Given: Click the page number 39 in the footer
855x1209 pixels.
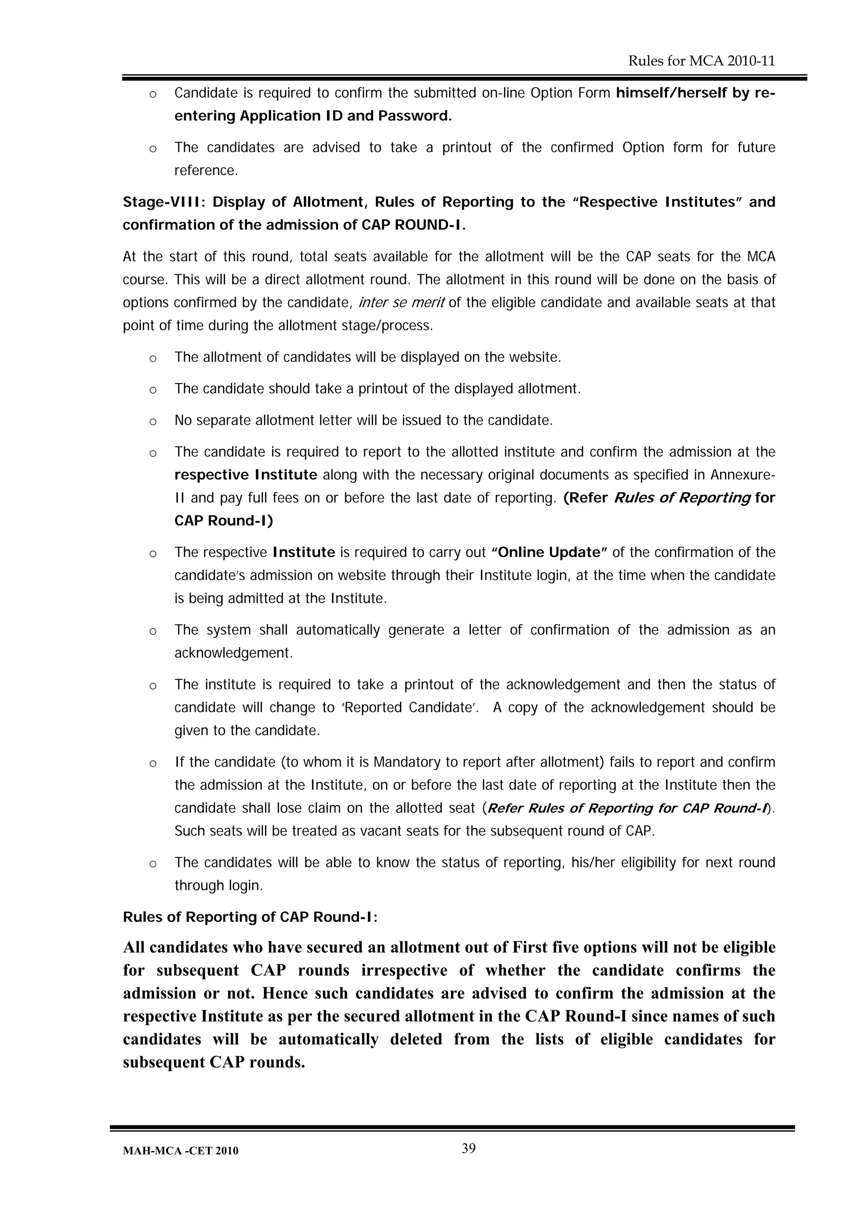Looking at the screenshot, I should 468,1148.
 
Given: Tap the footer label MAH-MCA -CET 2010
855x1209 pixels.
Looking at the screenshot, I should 180,1151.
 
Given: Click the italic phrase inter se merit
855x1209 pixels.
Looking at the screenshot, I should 402,303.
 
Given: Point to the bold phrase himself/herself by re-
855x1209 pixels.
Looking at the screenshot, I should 696,93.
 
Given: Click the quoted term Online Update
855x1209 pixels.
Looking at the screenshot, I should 549,553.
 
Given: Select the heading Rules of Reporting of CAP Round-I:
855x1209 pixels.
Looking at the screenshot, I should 250,917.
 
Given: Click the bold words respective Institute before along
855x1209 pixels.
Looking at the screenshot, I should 245,475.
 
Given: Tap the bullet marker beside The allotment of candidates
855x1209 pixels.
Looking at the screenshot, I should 153,358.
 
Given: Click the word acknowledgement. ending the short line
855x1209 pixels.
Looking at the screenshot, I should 233,653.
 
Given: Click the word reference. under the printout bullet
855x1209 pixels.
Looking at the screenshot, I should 206,171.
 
